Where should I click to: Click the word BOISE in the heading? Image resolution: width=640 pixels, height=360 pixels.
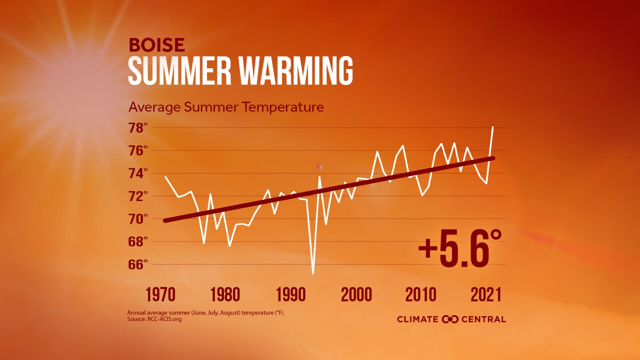[156, 45]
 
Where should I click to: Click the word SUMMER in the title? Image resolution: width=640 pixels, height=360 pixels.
[178, 71]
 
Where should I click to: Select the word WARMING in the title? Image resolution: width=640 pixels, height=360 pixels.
[294, 71]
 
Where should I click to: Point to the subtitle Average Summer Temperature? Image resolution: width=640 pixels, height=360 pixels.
[226, 107]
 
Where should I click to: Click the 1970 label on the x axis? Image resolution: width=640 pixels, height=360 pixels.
[160, 294]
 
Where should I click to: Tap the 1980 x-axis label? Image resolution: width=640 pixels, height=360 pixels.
[225, 294]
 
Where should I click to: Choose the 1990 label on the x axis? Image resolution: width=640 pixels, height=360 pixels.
[290, 294]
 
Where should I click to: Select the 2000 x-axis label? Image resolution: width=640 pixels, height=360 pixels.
[356, 294]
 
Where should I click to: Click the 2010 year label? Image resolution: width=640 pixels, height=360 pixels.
[420, 294]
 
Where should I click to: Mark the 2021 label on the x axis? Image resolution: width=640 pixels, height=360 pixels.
[485, 294]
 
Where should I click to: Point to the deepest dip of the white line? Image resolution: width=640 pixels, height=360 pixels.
[313, 273]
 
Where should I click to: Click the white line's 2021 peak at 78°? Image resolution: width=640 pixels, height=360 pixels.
[493, 127]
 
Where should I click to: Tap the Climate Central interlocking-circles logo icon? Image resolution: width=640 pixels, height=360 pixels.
[450, 319]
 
